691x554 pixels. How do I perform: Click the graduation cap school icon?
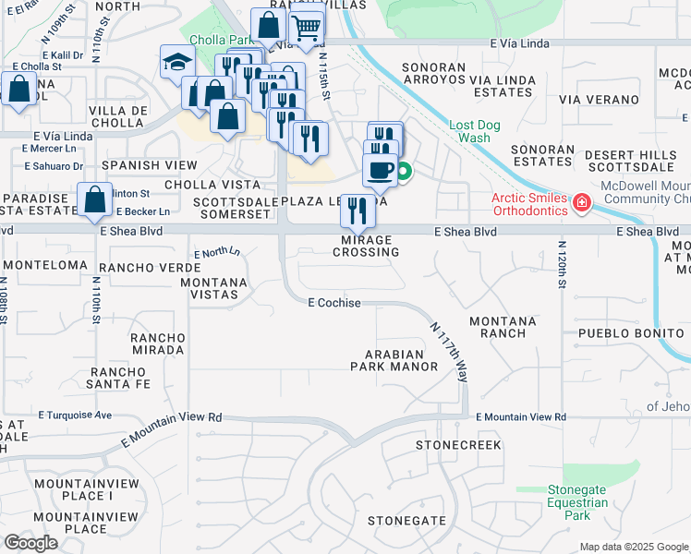174,62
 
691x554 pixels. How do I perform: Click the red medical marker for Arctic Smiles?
581,202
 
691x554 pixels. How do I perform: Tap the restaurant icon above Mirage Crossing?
358,210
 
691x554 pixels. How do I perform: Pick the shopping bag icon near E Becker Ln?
95,199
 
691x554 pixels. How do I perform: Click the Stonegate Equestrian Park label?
577,503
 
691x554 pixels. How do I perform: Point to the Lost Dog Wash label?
469,131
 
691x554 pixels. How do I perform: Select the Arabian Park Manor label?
394,360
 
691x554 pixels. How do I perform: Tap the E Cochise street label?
333,303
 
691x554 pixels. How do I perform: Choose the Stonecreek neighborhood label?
458,445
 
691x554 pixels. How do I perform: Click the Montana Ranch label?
503,326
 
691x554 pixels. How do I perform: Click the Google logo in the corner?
30,543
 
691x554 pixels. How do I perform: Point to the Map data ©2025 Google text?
633,547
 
